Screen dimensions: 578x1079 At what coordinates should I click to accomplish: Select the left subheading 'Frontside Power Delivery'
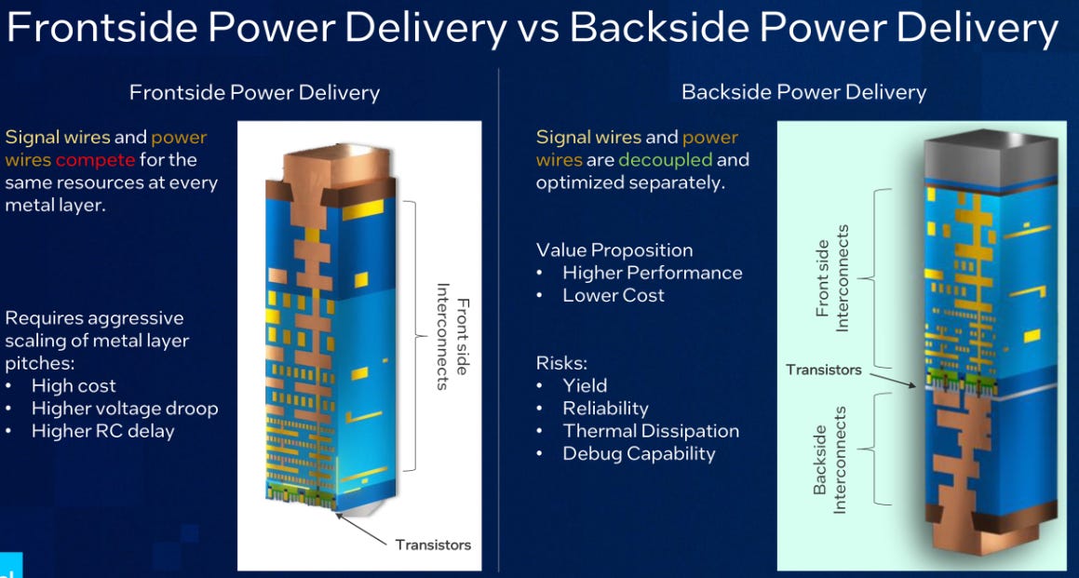click(254, 93)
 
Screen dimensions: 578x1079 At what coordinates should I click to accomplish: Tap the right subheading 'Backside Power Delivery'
click(803, 92)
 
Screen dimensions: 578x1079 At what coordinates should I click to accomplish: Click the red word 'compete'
click(95, 160)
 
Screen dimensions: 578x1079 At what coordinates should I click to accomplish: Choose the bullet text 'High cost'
click(74, 385)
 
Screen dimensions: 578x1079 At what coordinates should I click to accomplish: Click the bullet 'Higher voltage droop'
click(125, 409)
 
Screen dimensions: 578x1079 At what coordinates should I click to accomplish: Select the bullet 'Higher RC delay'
click(102, 431)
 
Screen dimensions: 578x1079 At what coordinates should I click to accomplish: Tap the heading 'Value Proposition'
click(614, 250)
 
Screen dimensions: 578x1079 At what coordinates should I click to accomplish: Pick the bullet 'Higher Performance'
click(653, 273)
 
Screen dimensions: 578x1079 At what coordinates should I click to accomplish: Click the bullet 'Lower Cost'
click(614, 296)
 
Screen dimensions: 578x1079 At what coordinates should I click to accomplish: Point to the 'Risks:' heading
click(561, 363)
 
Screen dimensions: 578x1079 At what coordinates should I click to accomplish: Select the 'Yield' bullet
click(585, 385)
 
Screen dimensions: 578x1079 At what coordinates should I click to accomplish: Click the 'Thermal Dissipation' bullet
click(651, 431)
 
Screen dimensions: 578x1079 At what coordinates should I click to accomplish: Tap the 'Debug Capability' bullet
click(639, 454)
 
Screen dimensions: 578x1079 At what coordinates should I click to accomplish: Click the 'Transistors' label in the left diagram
click(433, 544)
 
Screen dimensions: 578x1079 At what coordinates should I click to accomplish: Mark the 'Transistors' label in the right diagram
click(823, 370)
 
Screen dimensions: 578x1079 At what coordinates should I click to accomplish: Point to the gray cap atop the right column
click(987, 152)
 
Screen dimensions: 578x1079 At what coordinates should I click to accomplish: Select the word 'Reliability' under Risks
click(605, 409)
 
